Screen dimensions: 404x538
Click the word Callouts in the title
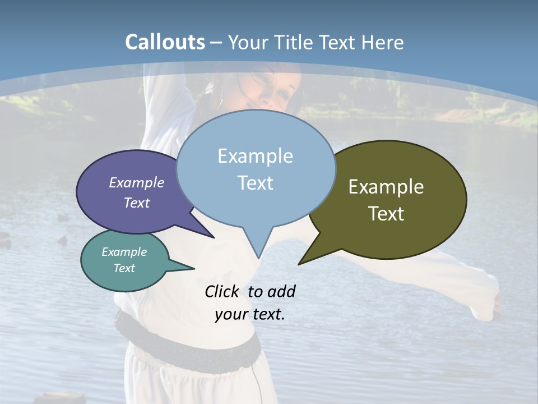165,42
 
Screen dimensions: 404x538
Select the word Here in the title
383,42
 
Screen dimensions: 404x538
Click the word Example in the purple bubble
137,182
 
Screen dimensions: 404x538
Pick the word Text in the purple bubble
137,203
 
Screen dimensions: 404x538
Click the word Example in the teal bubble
124,252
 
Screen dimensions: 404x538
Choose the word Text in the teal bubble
124,268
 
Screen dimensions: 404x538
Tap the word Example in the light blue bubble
255,156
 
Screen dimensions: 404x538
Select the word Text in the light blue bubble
255,183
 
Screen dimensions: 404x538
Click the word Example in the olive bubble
386,187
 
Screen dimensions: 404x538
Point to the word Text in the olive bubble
386,214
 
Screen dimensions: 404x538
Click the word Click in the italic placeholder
222,292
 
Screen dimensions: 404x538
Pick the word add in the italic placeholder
281,292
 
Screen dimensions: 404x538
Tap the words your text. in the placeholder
249,314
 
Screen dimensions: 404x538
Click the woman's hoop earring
216,98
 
